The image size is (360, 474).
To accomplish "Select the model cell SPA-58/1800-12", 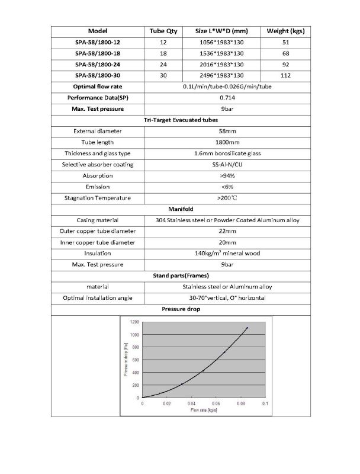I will click(x=97, y=42).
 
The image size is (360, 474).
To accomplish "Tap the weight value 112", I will click(x=286, y=75).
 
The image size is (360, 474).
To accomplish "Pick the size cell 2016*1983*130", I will click(x=220, y=64).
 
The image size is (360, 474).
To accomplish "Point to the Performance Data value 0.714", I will click(x=228, y=97).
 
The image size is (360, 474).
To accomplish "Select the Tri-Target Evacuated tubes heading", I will click(x=179, y=120).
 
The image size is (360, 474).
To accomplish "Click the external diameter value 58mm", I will click(x=228, y=131).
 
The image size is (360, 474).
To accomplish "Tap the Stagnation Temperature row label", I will click(x=97, y=198).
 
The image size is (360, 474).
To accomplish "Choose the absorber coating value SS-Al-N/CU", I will click(x=228, y=164).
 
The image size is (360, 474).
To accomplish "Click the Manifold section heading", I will click(x=179, y=209).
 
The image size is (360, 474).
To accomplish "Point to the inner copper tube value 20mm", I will click(x=228, y=242).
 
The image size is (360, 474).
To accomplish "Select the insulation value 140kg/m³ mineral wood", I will click(x=228, y=254).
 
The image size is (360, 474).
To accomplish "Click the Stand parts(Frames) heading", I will click(x=179, y=276).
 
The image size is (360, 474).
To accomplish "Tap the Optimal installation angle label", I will click(x=97, y=297).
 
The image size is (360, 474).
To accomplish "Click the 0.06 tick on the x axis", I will click(x=216, y=403).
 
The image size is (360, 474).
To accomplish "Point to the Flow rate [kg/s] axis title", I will click(x=204, y=410).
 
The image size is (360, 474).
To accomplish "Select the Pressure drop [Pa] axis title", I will click(x=126, y=360).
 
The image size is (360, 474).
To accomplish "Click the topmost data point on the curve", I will click(x=247, y=328).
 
